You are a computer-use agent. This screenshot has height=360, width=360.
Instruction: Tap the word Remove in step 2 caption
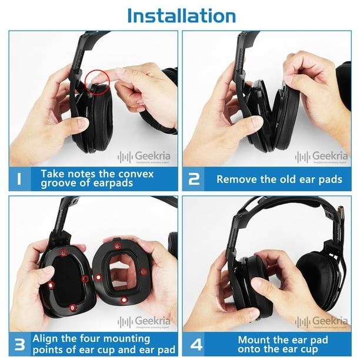237,179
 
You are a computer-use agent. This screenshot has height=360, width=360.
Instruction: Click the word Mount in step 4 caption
255,339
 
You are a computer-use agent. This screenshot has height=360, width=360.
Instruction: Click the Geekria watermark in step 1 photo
144,156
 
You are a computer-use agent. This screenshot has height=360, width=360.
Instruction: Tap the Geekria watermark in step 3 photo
144,321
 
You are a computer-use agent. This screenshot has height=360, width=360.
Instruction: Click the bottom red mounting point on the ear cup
72,307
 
